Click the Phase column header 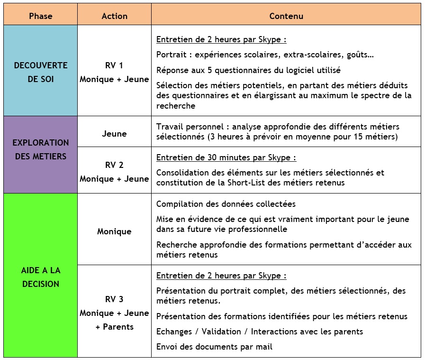click(40, 16)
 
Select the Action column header click(114, 16)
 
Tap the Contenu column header click(286, 16)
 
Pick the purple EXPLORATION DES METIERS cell click(40, 149)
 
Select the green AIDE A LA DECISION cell click(40, 277)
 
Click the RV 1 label click(114, 65)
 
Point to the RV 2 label click(114, 165)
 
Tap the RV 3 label click(114, 299)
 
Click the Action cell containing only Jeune click(114, 134)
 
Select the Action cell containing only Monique click(114, 231)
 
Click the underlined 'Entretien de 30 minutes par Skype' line click(226, 157)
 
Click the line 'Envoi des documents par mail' click(214, 347)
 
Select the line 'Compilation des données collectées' click(226, 204)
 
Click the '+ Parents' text click(114, 327)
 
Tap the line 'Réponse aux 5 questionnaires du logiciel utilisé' click(248, 70)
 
